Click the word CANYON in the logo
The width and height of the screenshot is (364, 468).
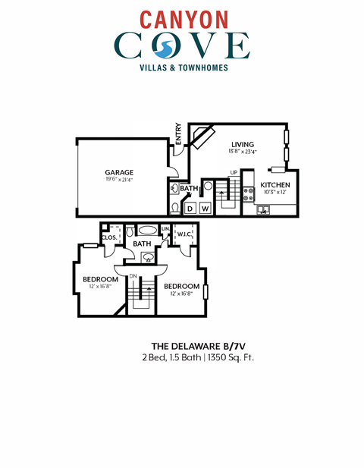pyautogui.click(x=181, y=17)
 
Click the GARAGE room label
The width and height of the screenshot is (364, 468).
pyautogui.click(x=119, y=172)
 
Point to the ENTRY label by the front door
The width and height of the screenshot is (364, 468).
pyautogui.click(x=178, y=133)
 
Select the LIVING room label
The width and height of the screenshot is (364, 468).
pyautogui.click(x=242, y=143)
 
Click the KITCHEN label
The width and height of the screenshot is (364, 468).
pyautogui.click(x=275, y=184)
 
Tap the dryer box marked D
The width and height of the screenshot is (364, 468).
pyautogui.click(x=190, y=207)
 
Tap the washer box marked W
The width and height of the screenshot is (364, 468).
pyautogui.click(x=204, y=207)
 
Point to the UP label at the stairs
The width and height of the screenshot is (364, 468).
pyautogui.click(x=234, y=172)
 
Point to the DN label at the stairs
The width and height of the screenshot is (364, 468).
pyautogui.click(x=133, y=275)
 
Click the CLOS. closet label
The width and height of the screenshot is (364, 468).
pyautogui.click(x=108, y=237)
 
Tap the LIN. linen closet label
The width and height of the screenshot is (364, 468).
pyautogui.click(x=165, y=228)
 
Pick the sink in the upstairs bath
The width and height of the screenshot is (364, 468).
pyautogui.click(x=149, y=256)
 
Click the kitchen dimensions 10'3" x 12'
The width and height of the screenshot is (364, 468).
pyautogui.click(x=275, y=192)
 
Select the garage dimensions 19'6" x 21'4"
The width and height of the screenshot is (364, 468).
pyautogui.click(x=119, y=180)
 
